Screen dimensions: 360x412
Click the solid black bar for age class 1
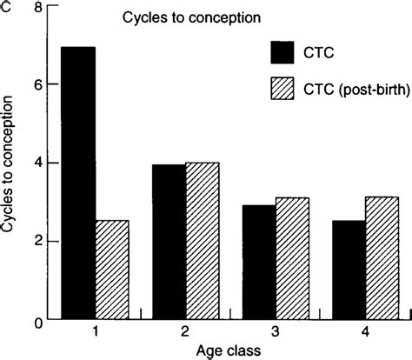pos(76,183)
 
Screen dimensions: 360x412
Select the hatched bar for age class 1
pos(112,270)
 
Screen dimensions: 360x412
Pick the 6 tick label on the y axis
pos(36,84)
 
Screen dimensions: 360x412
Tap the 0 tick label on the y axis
pos(36,321)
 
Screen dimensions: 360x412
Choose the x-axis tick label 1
pos(93,333)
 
